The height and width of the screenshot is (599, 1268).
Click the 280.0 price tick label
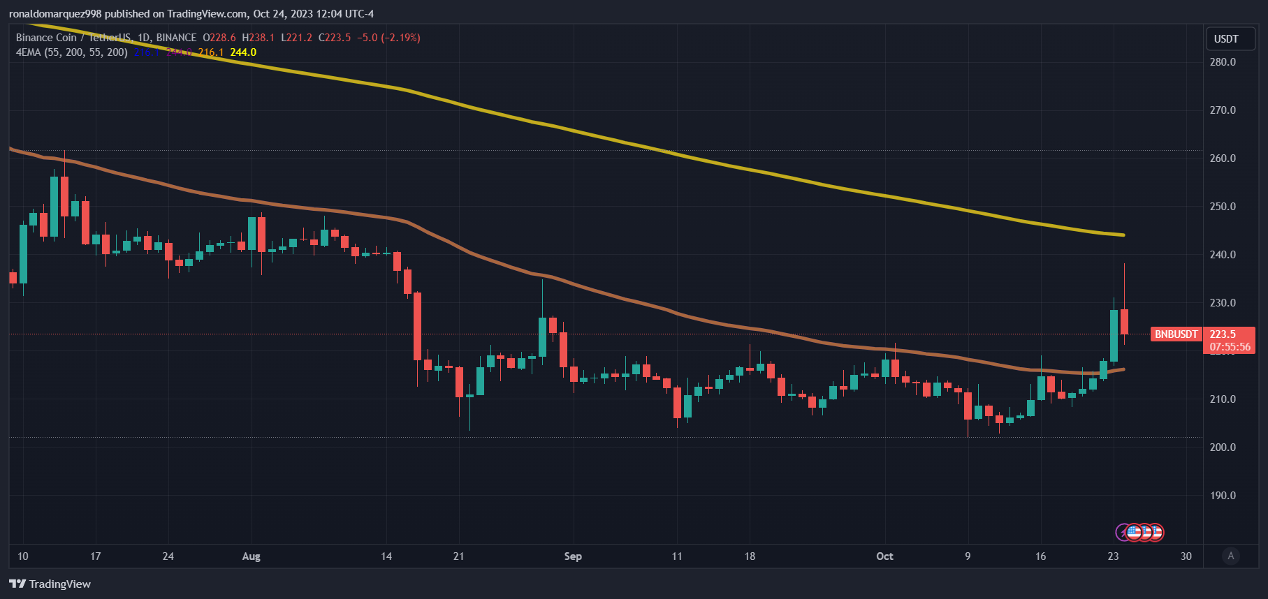pos(1223,62)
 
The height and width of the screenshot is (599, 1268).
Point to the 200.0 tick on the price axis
pos(1223,448)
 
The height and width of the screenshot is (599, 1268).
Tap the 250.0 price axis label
pos(1223,207)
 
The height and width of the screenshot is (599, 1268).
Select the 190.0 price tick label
pos(1223,496)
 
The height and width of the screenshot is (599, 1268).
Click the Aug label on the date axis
pos(251,556)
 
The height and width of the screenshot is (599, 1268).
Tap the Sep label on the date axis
pos(573,556)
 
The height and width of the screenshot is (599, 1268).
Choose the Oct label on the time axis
pos(884,556)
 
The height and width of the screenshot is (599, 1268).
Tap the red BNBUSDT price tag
pos(1176,334)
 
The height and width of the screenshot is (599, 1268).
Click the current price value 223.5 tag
pos(1223,334)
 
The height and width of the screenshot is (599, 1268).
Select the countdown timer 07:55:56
pos(1230,347)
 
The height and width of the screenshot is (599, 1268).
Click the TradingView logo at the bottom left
pos(50,584)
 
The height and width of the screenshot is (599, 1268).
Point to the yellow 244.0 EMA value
pos(243,52)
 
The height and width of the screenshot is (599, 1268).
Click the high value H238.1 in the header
pos(258,38)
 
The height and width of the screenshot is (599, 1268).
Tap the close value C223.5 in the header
pos(335,38)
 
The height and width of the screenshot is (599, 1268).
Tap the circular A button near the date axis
pos(1231,556)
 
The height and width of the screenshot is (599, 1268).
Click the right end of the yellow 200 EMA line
pos(1123,235)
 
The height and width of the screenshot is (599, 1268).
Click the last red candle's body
pos(1124,322)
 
